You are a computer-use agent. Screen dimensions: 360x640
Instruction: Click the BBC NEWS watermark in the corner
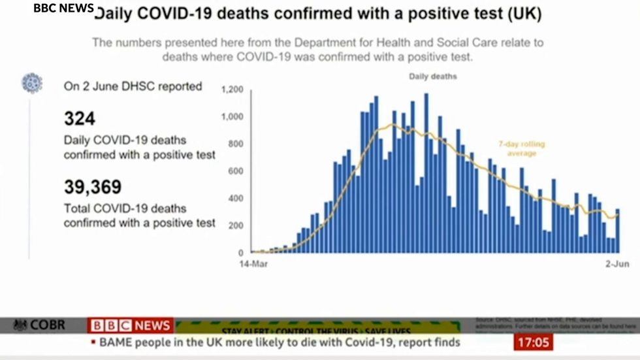(63, 8)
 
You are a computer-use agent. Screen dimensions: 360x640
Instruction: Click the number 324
(80, 119)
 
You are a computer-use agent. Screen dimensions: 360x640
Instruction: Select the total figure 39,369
(93, 188)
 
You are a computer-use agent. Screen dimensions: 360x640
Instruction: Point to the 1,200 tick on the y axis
(232, 90)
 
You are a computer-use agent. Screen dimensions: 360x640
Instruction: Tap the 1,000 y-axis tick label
(232, 117)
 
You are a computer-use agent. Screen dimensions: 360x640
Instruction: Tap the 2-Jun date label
(615, 265)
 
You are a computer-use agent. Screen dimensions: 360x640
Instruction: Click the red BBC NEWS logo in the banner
(131, 325)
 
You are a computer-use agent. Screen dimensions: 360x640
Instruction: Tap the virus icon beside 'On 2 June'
(31, 83)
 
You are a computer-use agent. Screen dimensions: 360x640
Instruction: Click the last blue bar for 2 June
(618, 231)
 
